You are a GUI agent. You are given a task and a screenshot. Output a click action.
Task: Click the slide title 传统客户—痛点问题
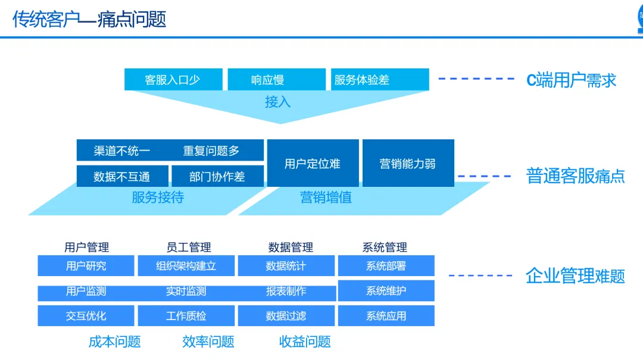[89, 19]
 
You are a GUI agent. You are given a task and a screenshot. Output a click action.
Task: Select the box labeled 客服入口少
[173, 80]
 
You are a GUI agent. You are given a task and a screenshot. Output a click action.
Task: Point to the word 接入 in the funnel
[277, 102]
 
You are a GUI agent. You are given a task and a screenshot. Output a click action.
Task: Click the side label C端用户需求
[571, 80]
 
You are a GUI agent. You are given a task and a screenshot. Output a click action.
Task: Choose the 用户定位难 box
[313, 164]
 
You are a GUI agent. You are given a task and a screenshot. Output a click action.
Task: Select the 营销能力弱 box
[408, 164]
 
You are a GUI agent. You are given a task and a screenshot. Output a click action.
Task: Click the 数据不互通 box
[122, 177]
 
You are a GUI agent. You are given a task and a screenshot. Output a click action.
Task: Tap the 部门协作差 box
[217, 177]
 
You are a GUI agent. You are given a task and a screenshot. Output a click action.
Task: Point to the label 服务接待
[158, 198]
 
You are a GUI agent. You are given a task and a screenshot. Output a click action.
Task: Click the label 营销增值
[326, 198]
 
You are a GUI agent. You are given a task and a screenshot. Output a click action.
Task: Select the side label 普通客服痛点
[576, 176]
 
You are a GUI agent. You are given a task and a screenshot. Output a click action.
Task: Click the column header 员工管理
[189, 247]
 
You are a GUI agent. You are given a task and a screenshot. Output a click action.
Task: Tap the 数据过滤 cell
[286, 316]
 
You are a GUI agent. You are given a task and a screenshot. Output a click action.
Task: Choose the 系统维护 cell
[386, 291]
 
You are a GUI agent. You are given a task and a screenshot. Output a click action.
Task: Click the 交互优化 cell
[86, 316]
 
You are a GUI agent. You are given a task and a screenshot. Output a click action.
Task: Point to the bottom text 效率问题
[208, 342]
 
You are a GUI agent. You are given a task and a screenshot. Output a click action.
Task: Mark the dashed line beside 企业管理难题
[480, 276]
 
